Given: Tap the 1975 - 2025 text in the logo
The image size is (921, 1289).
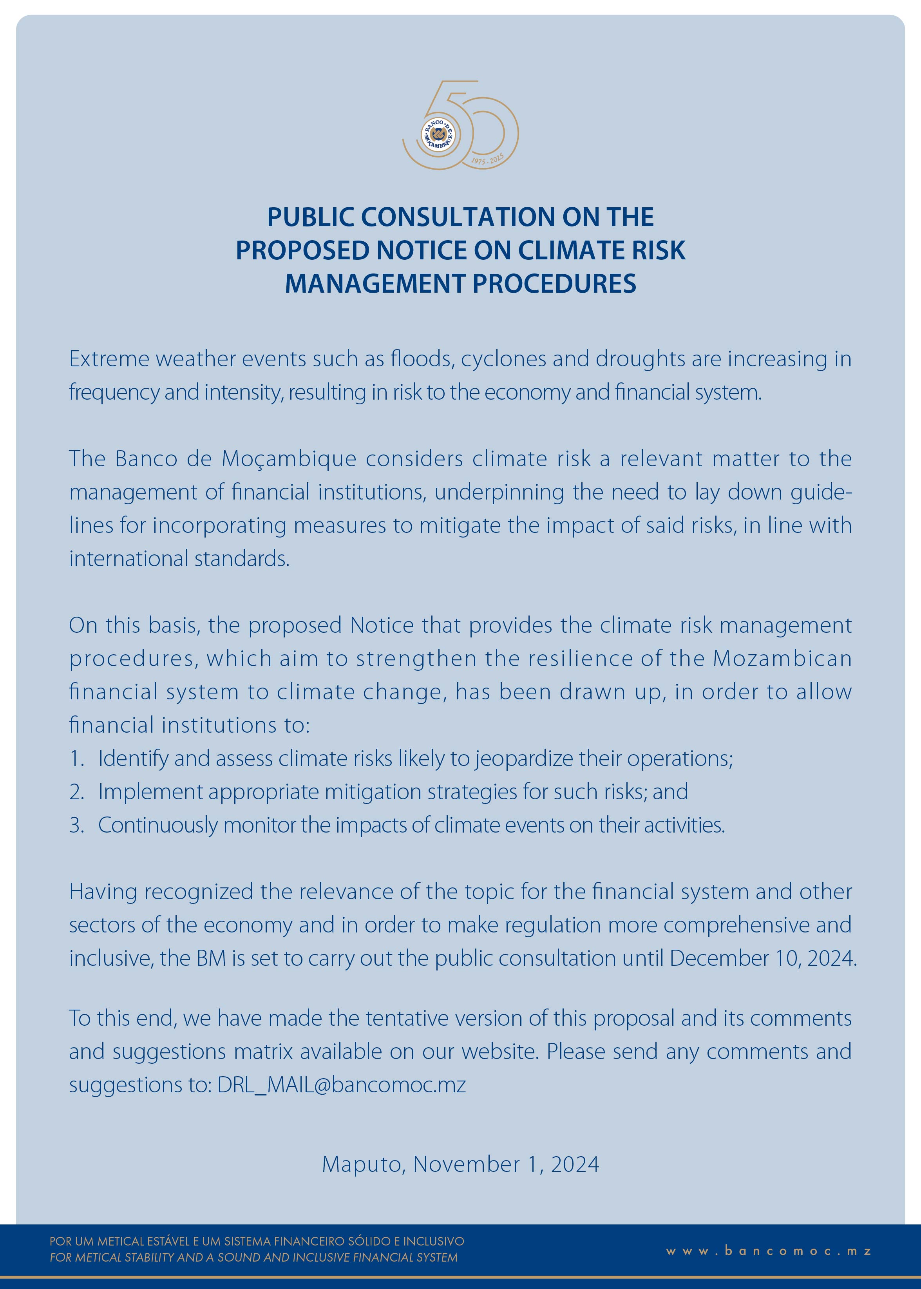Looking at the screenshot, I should (x=488, y=160).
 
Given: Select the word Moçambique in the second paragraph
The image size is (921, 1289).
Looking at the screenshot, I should (x=289, y=459).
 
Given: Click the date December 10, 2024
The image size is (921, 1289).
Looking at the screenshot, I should (x=762, y=958).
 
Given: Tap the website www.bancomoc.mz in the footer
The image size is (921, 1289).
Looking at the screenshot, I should (x=769, y=1251).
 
